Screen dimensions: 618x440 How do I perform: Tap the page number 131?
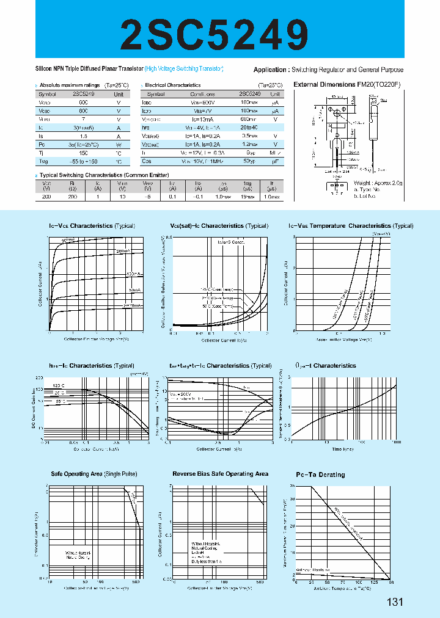coord(395,602)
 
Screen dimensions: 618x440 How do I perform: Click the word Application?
coord(270,70)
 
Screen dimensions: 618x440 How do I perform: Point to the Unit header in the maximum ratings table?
coord(119,95)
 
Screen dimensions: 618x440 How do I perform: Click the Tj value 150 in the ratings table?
coord(83,153)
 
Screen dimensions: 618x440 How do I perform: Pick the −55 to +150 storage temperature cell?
coord(83,162)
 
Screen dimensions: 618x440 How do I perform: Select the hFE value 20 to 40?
coord(249,128)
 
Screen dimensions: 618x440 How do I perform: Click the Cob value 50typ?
coord(249,162)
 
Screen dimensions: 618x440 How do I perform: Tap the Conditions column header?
coord(202,95)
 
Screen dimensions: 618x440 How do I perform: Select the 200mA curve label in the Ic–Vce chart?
coord(123,251)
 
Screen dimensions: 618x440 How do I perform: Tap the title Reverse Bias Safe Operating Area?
coord(220,474)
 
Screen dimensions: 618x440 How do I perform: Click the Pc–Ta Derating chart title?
coord(320,474)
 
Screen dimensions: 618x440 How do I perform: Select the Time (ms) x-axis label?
coord(343,449)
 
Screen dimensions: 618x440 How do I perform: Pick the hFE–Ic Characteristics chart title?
coord(92,366)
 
